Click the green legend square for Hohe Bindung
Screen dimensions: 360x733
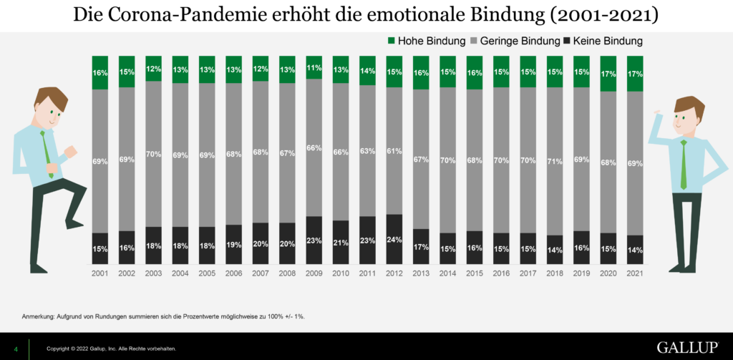391,42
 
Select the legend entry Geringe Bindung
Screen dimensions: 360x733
510,42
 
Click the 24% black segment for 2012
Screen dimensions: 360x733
394,240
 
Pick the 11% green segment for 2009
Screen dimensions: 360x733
314,67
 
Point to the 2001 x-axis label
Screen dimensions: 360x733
99,273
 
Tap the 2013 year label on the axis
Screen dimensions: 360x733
421,273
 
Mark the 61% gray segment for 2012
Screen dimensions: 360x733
394,151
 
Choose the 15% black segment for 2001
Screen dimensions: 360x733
99,248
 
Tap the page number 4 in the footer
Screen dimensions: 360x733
16,349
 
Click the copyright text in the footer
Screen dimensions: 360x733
111,349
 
